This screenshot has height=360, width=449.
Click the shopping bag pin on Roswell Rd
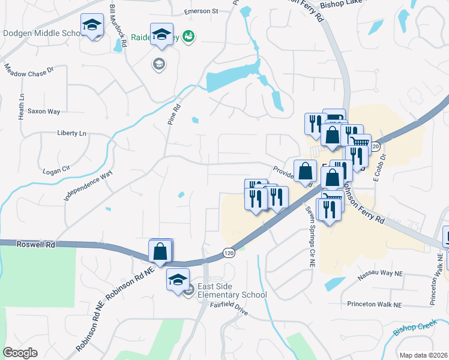pos(160,251)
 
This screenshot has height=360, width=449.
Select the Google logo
pos(20,353)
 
